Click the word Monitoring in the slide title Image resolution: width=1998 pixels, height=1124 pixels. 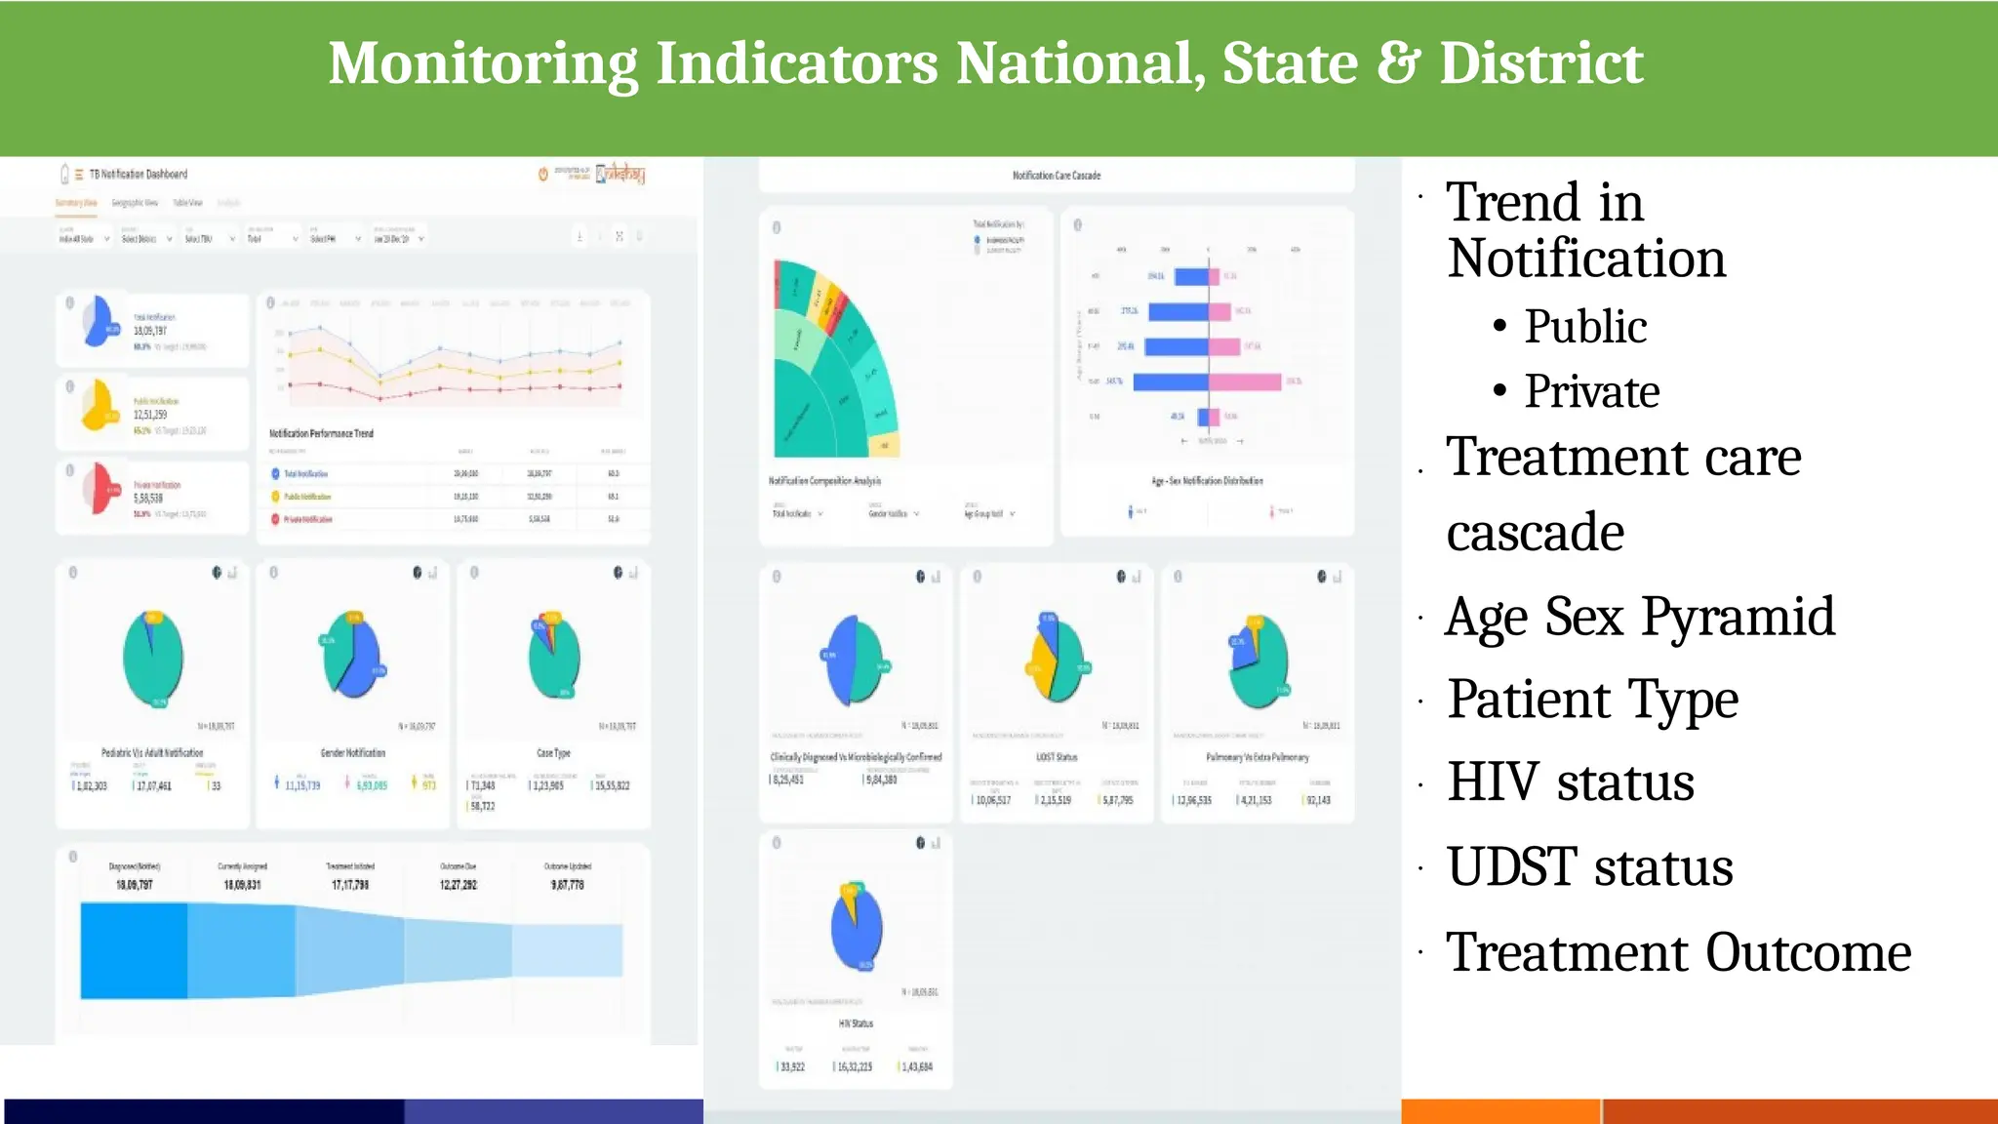point(483,63)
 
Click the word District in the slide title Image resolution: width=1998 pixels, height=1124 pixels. point(1541,63)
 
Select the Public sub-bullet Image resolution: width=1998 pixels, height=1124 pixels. point(1585,326)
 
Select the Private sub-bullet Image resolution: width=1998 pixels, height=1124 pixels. point(1591,391)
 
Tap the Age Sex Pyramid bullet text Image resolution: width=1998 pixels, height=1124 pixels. point(1639,617)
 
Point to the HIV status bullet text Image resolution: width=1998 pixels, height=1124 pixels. point(1570,783)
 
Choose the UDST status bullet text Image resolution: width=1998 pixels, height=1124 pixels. point(1589,867)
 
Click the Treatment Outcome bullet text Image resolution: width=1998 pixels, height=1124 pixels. point(1677,952)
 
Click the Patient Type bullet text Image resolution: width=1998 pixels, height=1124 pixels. point(1592,700)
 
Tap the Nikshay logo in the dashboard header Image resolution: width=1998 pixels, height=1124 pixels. point(620,175)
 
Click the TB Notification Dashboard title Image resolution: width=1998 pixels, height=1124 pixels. point(139,175)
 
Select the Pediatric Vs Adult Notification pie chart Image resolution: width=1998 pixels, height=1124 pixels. point(153,660)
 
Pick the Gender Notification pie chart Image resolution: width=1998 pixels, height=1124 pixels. point(354,655)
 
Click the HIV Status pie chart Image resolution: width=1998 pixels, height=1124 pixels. point(857,928)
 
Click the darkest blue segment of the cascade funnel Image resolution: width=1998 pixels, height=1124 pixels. point(134,950)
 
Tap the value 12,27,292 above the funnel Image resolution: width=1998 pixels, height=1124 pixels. point(459,885)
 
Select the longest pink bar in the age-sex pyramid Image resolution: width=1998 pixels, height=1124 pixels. point(1245,381)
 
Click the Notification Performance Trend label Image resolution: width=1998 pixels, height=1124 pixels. point(321,433)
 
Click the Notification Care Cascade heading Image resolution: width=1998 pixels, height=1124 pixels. point(1056,176)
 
